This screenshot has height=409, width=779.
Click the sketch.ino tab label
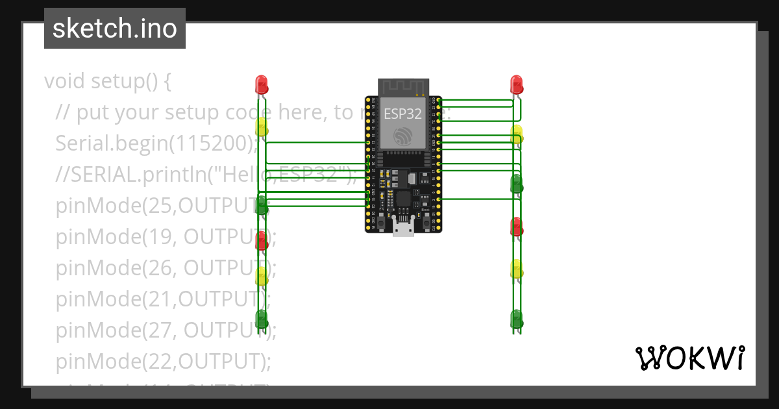point(115,29)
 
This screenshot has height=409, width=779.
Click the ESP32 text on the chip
point(402,115)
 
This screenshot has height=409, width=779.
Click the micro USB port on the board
point(403,229)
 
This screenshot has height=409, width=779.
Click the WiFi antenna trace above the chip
point(403,87)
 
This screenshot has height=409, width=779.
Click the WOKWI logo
point(689,358)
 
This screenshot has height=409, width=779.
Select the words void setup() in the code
point(107,82)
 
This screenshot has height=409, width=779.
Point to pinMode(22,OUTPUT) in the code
point(162,360)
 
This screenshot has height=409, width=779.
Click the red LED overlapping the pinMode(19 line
point(262,240)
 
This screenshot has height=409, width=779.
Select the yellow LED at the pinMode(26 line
point(262,276)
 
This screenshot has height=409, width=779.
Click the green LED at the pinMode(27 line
point(262,318)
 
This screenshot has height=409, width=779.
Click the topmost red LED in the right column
point(517,84)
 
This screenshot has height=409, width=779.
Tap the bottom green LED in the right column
point(517,318)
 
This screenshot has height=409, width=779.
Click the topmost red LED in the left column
point(262,84)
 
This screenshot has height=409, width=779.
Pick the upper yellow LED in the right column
point(517,134)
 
